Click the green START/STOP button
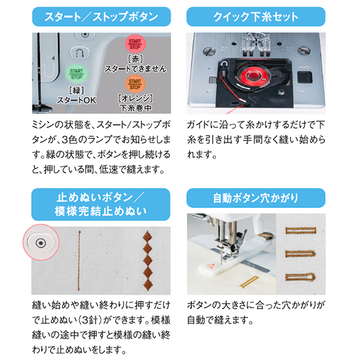(76, 74)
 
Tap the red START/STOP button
(135, 44)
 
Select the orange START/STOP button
(135, 84)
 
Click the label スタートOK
(76, 101)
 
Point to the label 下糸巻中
(136, 108)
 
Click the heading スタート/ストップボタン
(101, 17)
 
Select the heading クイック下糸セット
(256, 17)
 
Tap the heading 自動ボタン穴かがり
(256, 198)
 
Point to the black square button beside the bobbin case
(304, 77)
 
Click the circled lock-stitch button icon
(41, 243)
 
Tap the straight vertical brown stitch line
(79, 261)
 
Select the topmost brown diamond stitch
(147, 237)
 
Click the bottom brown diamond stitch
(148, 284)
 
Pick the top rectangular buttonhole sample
(301, 230)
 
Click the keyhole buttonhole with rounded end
(300, 277)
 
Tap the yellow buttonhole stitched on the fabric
(249, 281)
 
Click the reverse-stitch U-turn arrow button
(79, 53)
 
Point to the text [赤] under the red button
(135, 59)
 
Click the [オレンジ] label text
(135, 98)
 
